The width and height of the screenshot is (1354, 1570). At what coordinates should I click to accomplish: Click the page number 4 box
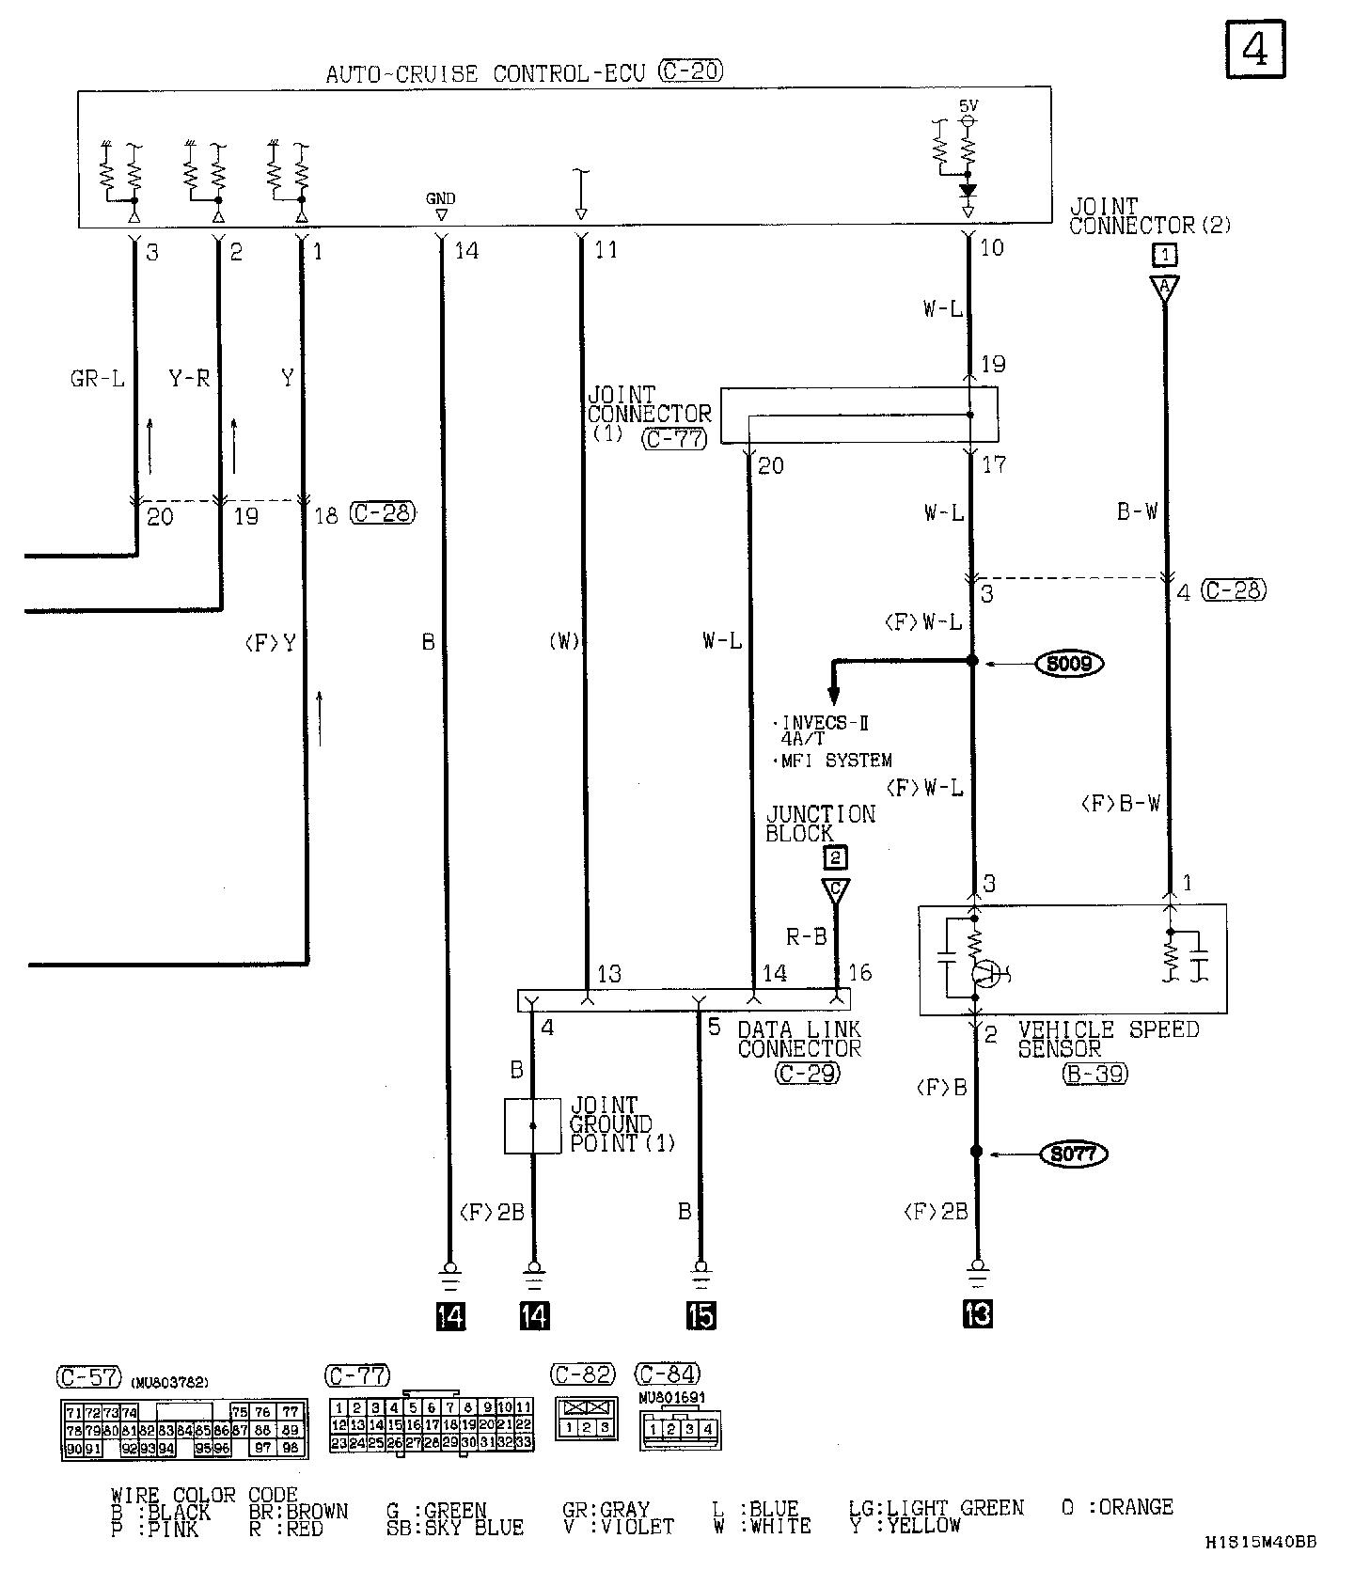1255,49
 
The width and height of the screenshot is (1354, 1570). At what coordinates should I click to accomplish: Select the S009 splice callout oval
1070,664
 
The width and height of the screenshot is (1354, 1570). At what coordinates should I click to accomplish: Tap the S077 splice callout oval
1073,1153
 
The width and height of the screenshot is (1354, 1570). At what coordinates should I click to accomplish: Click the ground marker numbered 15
701,1315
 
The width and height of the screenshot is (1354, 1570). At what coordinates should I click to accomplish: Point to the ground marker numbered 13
978,1313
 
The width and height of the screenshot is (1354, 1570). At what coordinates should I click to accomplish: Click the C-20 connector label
691,71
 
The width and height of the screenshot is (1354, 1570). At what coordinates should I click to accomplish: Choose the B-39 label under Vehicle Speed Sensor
1095,1074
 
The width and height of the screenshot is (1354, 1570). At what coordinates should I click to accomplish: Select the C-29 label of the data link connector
808,1073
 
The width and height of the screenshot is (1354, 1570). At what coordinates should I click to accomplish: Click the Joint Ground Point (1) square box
532,1125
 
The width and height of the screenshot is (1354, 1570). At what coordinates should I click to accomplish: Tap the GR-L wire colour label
98,379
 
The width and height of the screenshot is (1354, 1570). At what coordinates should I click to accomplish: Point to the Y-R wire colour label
189,379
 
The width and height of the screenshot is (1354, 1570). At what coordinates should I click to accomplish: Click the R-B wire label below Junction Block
807,936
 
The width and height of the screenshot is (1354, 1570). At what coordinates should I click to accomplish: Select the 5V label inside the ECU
968,106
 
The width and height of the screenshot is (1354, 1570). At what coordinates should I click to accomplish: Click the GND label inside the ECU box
440,198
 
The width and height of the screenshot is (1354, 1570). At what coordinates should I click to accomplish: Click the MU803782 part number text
170,1381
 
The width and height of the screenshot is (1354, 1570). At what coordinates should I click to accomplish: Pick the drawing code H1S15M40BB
1261,1542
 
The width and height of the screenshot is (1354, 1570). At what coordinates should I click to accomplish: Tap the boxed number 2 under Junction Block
834,857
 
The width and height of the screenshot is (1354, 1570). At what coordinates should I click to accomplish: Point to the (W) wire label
564,643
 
